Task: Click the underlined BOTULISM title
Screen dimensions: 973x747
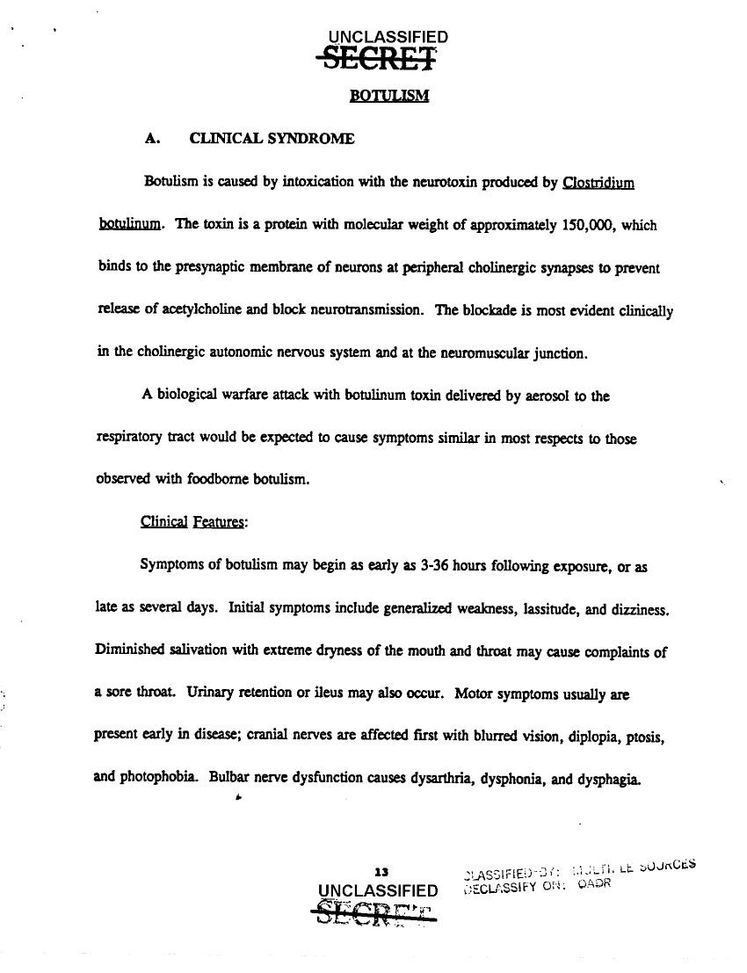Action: tap(388, 95)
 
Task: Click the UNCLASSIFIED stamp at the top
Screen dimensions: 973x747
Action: tap(387, 37)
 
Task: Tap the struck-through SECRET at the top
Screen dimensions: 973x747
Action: tap(380, 58)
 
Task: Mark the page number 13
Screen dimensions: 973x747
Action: tap(381, 874)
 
